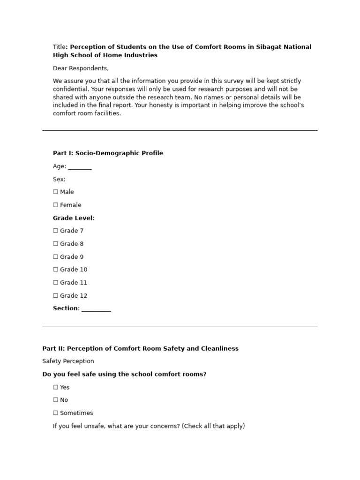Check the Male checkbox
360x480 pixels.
[x=56, y=192]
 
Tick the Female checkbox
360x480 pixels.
[x=56, y=205]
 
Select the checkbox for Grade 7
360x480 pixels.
[x=56, y=231]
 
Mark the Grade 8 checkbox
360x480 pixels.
[x=56, y=244]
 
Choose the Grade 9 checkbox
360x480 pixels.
[x=56, y=257]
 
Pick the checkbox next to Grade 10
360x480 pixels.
[x=56, y=270]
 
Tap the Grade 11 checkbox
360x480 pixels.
[x=56, y=283]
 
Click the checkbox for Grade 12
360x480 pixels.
[x=56, y=296]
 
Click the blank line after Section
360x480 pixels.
[x=96, y=309]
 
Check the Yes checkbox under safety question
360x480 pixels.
[x=56, y=387]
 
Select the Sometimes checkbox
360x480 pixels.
[x=56, y=413]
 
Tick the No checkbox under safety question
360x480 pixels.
[x=56, y=400]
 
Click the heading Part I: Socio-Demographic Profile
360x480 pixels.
[x=108, y=153]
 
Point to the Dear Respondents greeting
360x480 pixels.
[x=81, y=68]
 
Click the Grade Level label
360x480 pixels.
[x=73, y=218]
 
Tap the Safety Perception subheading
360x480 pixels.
[x=68, y=361]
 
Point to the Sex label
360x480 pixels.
[x=59, y=179]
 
